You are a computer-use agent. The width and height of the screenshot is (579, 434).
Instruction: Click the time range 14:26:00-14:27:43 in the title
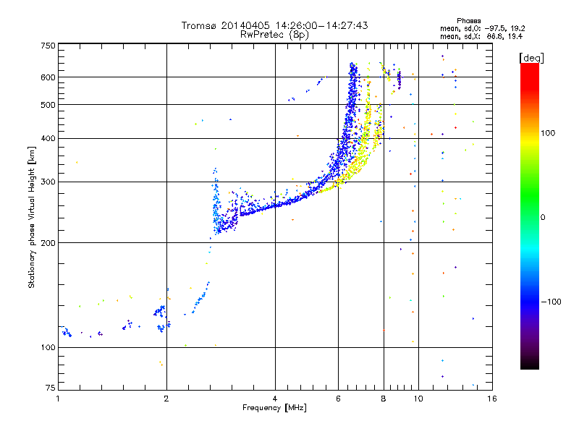321,25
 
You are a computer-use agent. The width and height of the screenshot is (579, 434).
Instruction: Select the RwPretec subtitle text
275,35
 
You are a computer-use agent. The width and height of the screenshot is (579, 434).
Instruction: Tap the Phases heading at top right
468,21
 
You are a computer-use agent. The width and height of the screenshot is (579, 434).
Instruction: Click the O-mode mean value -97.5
495,28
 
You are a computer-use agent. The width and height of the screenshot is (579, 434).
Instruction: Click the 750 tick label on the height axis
48,46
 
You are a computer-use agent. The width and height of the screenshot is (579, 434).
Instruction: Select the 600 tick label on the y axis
48,77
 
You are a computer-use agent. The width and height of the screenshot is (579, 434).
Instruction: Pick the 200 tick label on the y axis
48,243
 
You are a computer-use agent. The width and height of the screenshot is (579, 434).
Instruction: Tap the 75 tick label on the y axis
51,388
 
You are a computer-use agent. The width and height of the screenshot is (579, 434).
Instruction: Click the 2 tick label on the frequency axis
166,399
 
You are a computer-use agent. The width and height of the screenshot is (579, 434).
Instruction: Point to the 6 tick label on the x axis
338,399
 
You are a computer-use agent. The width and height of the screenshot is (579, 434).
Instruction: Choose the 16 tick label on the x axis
492,399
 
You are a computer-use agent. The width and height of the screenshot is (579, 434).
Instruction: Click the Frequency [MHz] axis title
275,408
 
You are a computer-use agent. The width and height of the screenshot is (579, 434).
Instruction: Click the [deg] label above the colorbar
531,58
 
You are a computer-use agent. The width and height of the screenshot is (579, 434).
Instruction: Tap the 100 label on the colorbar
548,133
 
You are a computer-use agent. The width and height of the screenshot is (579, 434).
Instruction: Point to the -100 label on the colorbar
551,302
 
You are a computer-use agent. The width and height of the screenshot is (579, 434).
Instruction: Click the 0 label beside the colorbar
543,218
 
